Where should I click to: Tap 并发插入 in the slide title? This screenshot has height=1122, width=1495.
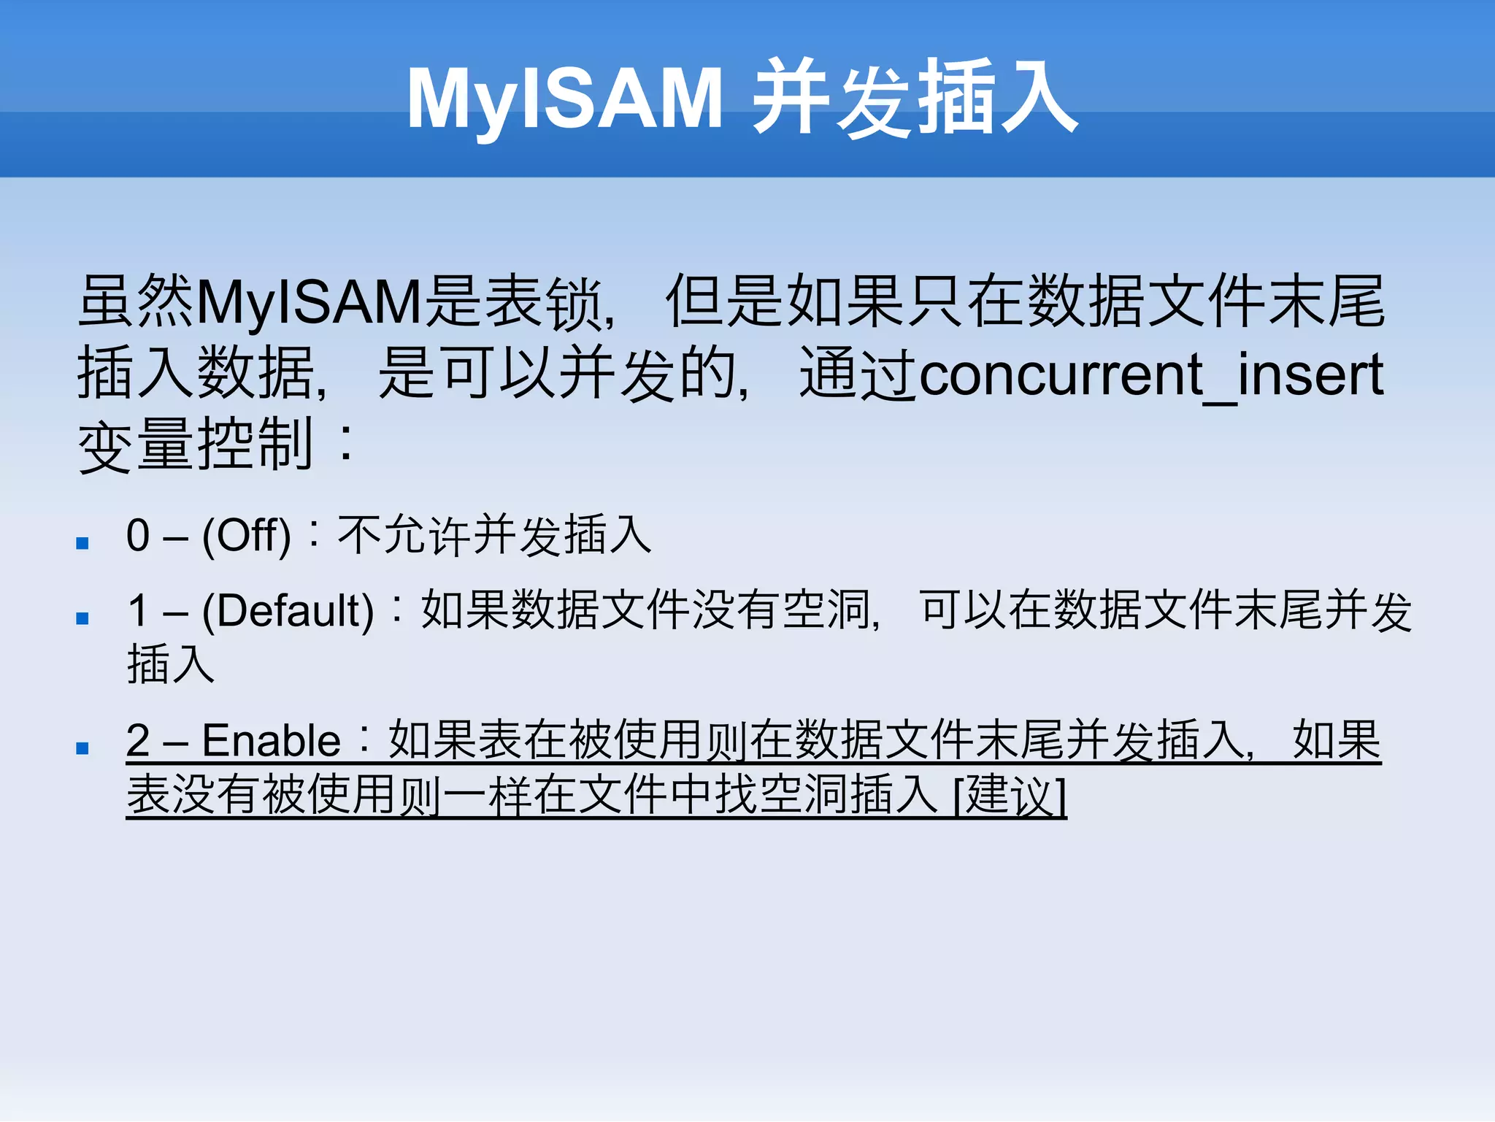pyautogui.click(x=915, y=98)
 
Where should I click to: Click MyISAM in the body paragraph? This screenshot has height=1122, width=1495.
pyautogui.click(x=310, y=302)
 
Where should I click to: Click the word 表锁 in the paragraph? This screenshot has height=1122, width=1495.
pyautogui.click(x=545, y=302)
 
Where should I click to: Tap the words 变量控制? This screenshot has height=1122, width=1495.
pyautogui.click(x=196, y=445)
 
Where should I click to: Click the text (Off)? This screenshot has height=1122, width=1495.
pyautogui.click(x=246, y=536)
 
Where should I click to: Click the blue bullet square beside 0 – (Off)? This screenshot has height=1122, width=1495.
pyautogui.click(x=82, y=543)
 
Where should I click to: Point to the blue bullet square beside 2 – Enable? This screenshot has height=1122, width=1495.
pyautogui.click(x=82, y=748)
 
